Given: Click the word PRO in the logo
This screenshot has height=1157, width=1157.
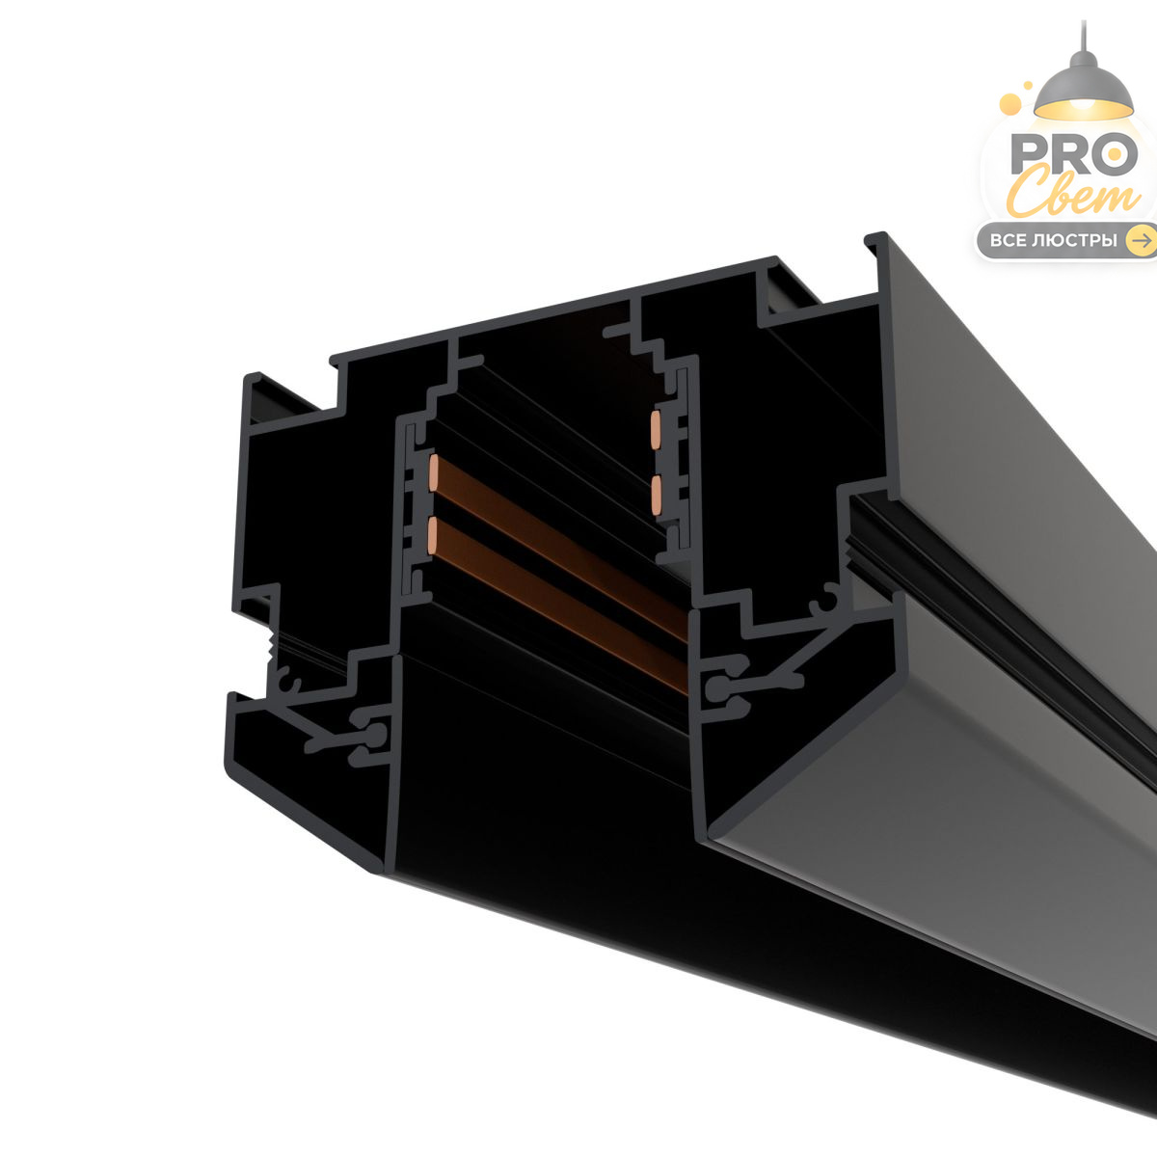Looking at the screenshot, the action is (x=1073, y=154).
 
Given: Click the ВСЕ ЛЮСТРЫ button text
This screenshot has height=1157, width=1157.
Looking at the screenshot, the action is (x=1053, y=241).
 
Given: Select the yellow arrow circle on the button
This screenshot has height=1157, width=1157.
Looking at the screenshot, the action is (x=1141, y=241).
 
